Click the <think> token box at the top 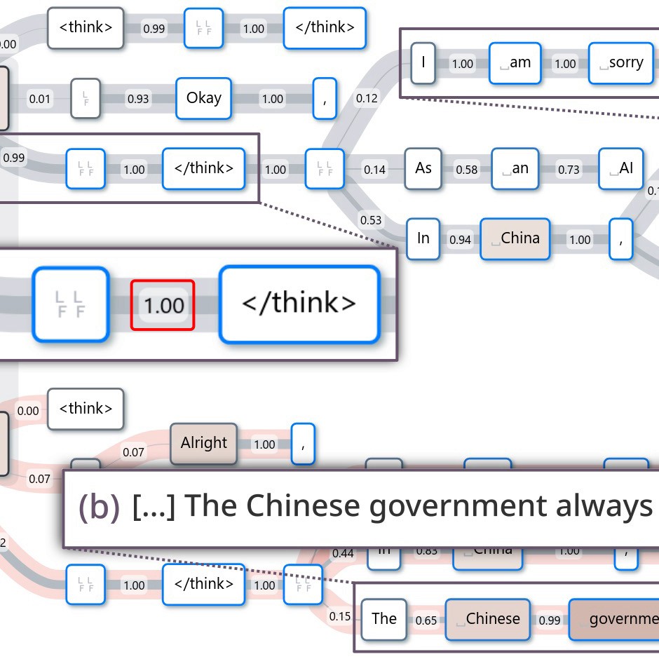point(86,28)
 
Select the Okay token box point(203,98)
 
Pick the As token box point(423,169)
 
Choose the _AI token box point(620,169)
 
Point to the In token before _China point(423,239)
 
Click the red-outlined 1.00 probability point(163,305)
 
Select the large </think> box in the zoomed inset point(299,304)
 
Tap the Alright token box point(203,443)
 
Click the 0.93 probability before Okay point(138,99)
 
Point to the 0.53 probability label point(371,220)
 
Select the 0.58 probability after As point(467,170)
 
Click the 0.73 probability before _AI point(569,170)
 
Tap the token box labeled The point(384,618)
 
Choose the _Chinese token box point(488,619)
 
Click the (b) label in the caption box point(100,506)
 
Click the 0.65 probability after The point(426,620)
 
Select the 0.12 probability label point(367,98)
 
